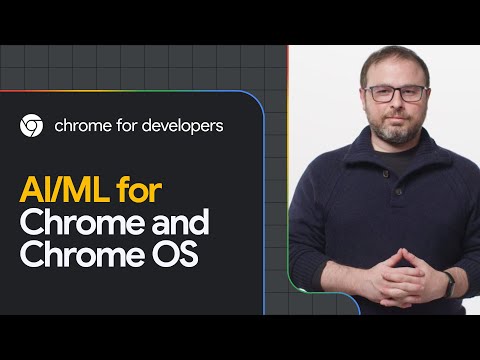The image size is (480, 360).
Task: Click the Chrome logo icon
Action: (x=31, y=126)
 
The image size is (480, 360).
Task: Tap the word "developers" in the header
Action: (x=182, y=126)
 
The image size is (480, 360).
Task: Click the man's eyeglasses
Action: (x=396, y=94)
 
